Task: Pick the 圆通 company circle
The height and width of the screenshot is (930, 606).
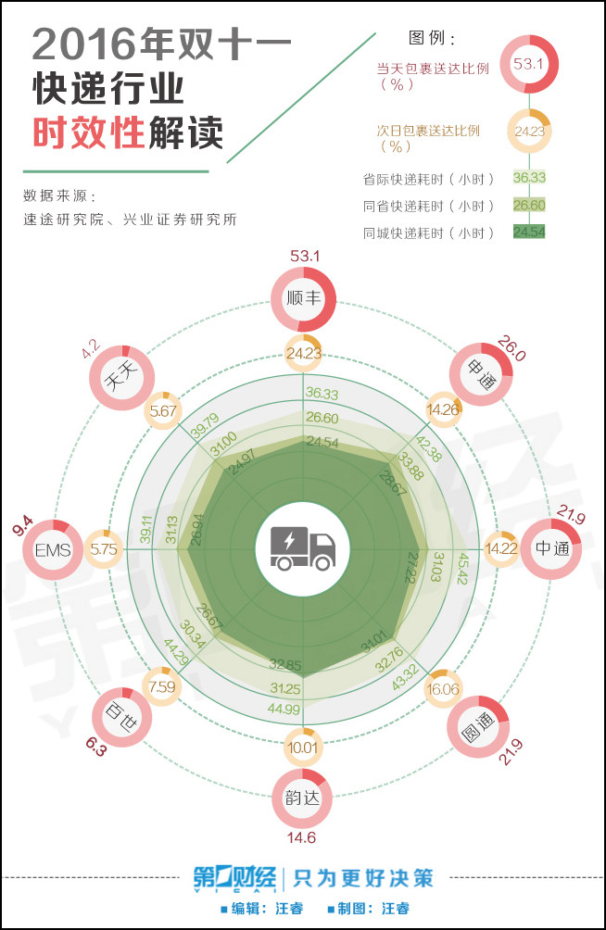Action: tap(479, 724)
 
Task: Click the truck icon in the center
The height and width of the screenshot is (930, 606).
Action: tap(302, 548)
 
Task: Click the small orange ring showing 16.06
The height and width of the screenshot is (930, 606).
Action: tap(443, 689)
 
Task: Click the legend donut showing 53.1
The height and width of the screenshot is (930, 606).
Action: tap(527, 64)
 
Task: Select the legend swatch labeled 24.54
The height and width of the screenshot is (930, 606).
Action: tap(529, 231)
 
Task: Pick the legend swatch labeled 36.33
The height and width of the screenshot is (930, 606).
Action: tap(529, 179)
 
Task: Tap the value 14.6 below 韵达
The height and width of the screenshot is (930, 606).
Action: tap(302, 838)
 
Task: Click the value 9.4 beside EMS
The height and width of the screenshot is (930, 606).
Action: tap(20, 529)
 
